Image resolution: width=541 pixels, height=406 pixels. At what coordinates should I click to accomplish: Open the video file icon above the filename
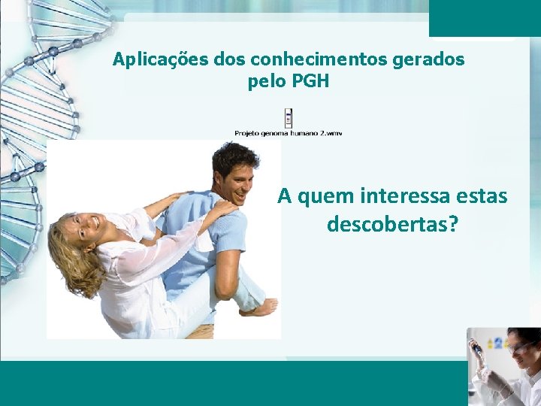(x=288, y=118)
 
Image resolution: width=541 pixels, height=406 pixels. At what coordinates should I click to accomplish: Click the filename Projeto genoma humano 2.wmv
(x=288, y=133)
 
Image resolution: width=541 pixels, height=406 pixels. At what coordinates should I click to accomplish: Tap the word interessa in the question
(x=407, y=197)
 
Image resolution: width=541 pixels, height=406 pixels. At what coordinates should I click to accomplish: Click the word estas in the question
(x=485, y=197)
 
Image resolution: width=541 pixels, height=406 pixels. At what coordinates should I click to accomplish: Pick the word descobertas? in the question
(x=392, y=224)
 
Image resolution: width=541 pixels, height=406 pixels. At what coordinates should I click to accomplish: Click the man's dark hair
(x=234, y=156)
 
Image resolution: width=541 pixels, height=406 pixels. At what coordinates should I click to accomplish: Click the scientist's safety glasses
(x=518, y=347)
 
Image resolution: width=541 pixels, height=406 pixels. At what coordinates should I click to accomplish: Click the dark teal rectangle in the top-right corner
(x=485, y=17)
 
